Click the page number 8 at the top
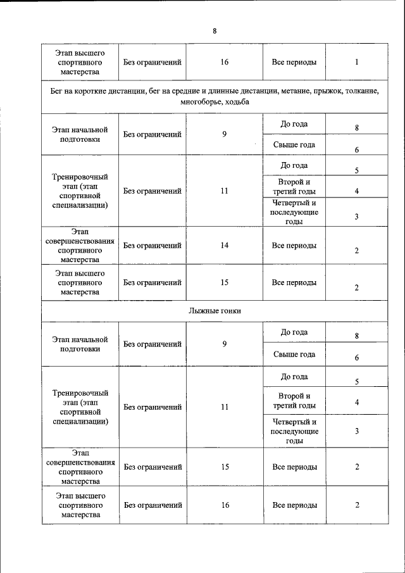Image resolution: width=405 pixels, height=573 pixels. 215,31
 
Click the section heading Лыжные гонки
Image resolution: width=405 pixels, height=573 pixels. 215,310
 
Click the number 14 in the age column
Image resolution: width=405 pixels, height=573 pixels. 224,246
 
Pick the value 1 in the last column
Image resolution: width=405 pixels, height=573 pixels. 357,63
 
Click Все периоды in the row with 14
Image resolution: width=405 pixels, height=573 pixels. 294,246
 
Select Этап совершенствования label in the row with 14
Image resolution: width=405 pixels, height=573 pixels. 80,246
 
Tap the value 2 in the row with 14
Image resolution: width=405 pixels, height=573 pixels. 357,251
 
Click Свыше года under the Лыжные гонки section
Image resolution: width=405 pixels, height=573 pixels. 294,355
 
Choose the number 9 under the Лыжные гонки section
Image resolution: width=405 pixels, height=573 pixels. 224,344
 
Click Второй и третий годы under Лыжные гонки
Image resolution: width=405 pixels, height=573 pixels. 294,401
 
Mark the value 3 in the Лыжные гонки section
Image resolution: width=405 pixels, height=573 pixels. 357,431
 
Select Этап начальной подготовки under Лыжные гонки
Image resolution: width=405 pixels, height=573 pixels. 80,344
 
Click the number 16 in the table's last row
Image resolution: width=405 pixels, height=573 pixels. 224,505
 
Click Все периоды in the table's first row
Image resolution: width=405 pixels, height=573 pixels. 294,63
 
